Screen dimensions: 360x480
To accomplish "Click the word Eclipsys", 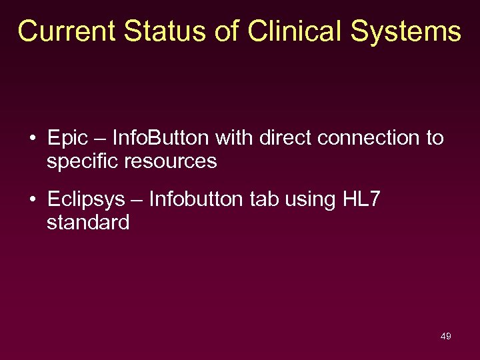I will [87, 200].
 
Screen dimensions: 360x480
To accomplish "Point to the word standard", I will [88, 223].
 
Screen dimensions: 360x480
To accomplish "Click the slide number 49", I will [446, 336].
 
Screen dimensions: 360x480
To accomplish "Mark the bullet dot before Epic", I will [33, 139].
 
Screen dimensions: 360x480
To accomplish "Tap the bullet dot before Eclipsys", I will [33, 200].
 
